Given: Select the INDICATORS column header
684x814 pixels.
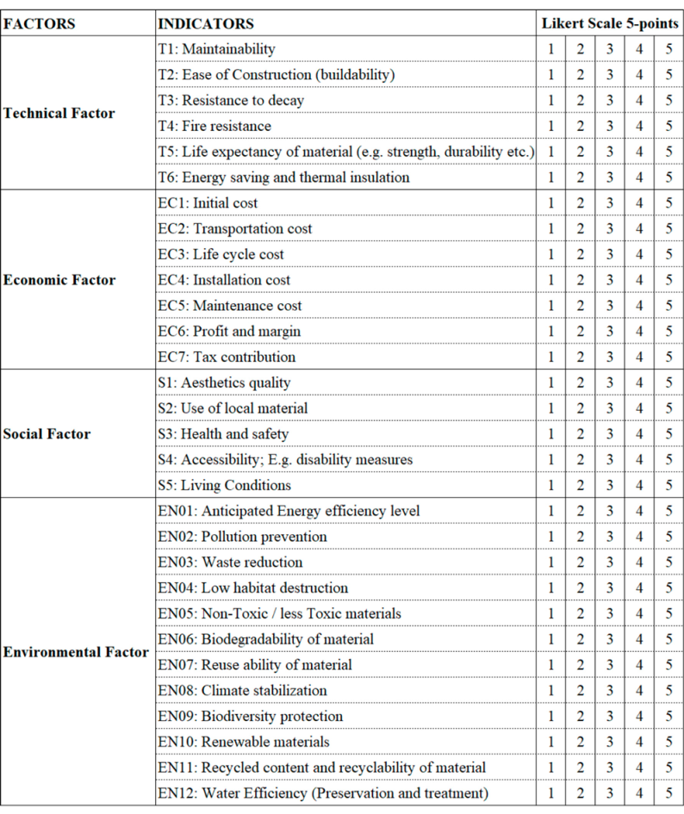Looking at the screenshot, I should coord(206,24).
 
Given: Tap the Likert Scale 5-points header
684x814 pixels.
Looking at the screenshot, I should coord(610,24).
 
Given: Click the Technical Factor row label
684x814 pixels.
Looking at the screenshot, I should coord(59,114).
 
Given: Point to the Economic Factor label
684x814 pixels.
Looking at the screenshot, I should coord(59,280).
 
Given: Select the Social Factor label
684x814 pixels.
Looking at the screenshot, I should coord(47,434).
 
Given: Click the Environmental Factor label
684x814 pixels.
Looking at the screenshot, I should coord(76,652).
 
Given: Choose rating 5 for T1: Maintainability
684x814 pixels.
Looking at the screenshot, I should coord(668,49).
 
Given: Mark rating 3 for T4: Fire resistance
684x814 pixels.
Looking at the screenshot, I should coord(609,127).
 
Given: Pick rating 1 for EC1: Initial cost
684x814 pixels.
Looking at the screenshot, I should coord(551,203).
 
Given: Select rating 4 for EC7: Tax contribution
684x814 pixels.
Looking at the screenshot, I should coord(639,357).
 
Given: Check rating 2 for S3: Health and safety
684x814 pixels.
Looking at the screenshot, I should coord(581,434).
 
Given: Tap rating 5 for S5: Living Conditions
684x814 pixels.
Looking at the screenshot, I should coord(668,486).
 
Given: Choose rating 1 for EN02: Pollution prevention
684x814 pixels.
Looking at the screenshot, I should coord(551,537).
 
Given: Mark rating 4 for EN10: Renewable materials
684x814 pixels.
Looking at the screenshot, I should coord(639,743).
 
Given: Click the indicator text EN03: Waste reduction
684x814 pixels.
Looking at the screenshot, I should coord(230,562).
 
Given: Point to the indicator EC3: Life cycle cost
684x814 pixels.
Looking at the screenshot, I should coord(221,255).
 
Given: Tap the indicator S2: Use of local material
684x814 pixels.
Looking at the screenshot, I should coord(233,408).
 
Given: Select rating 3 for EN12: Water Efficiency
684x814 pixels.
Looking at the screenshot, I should coord(609,793).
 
